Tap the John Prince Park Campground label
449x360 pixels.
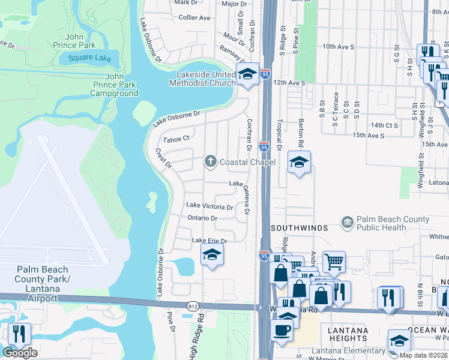coord(114,85)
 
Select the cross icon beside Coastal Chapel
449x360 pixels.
coord(210,161)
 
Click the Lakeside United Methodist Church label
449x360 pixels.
coord(204,79)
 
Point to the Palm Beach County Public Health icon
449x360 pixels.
coord(348,223)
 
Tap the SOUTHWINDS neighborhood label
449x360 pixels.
coord(298,228)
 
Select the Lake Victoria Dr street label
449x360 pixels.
coord(209,206)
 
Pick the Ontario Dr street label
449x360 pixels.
coord(202,218)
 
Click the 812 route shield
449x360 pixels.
coord(193,305)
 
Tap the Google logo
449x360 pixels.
coord(20,353)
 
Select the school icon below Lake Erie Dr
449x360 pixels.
coord(211,256)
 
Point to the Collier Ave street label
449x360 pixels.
coord(194,18)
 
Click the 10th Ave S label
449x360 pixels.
coord(338,46)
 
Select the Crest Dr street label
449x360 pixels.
coord(163,158)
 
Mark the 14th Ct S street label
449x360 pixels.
coord(385,125)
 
